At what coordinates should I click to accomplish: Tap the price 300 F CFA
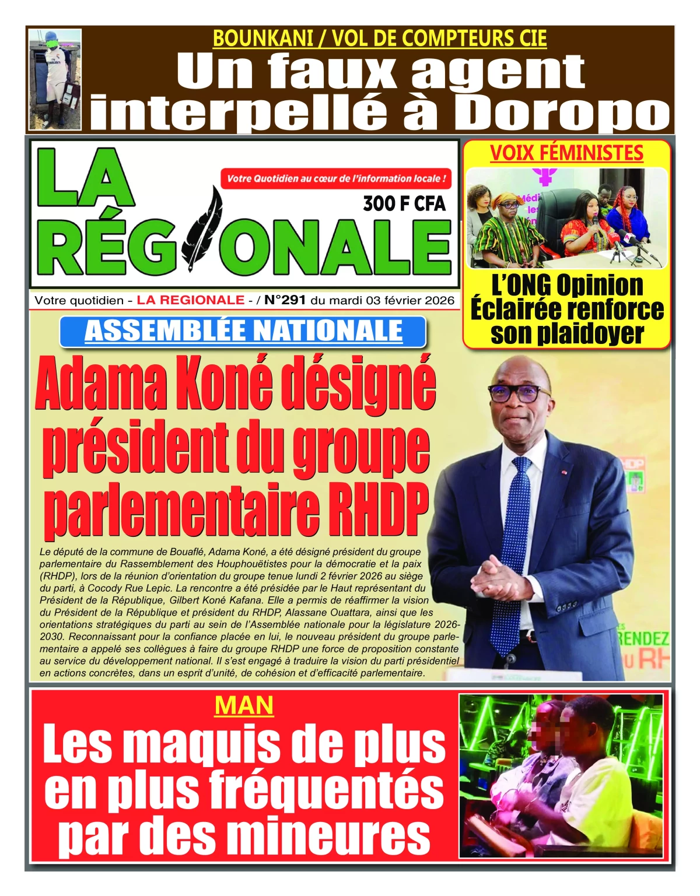point(404,203)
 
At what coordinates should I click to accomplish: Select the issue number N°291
point(285,300)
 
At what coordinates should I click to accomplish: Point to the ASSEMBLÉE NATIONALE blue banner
point(243,331)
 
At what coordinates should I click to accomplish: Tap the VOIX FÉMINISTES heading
point(566,153)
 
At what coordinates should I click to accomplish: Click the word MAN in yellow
point(244,705)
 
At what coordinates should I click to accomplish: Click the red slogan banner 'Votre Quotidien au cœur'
point(336,178)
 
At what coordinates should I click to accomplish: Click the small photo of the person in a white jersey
point(55,79)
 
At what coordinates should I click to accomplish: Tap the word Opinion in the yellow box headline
point(599,286)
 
